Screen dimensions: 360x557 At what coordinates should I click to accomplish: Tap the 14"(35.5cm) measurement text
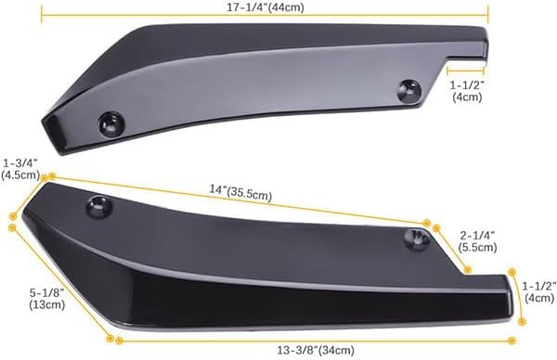(240, 194)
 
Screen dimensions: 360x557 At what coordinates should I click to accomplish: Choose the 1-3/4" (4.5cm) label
(19, 168)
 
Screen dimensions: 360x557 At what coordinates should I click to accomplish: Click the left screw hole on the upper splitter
(110, 121)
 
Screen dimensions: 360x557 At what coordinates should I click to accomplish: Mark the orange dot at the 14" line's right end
(427, 223)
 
